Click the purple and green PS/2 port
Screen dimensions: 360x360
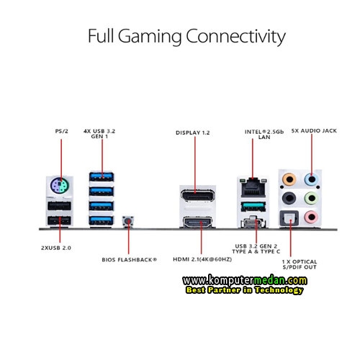60,185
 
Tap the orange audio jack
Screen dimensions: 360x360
289,179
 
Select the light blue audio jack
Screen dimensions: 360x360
311,179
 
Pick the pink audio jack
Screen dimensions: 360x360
311,217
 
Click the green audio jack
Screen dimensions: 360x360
311,198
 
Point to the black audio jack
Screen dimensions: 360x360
289,198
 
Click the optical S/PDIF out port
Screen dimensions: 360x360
289,218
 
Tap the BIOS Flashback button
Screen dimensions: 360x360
128,221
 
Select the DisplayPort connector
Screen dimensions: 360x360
197,196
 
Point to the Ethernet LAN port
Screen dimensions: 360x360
253,188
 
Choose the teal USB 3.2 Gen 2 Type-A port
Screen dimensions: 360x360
253,207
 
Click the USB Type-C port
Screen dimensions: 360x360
253,223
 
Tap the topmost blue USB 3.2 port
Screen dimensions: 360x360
102,177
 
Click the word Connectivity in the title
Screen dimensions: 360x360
235,37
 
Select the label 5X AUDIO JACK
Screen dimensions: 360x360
314,131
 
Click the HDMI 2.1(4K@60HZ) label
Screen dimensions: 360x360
202,259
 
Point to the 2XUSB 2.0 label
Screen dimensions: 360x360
56,248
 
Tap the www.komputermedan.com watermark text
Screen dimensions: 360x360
245,280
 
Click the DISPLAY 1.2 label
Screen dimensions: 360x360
193,132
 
